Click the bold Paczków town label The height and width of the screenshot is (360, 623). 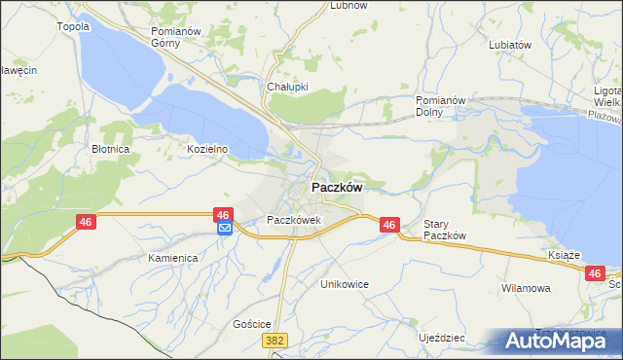coord(337,188)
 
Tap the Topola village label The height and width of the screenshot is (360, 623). coord(74,26)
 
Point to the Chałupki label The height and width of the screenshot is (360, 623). coord(287,87)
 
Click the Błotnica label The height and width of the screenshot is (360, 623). coord(111,149)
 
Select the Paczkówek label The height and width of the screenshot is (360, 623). coord(294,220)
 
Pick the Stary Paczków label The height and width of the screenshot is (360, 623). coord(446,230)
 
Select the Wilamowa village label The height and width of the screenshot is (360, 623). coord(526,289)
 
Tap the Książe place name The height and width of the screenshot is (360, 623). coord(564,255)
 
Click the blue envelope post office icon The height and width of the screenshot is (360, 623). coord(224,229)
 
